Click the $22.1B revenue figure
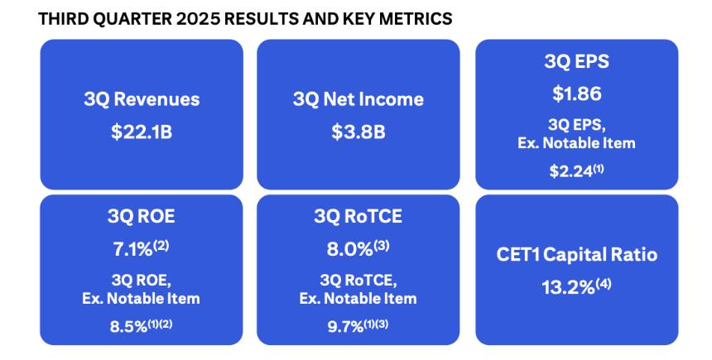[142, 132]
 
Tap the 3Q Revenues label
[142, 99]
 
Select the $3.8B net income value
[358, 132]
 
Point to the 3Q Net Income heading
[358, 99]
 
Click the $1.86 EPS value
[577, 94]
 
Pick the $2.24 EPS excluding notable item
[571, 171]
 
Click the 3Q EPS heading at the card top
[577, 61]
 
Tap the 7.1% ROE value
[132, 250]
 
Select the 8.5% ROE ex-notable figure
[128, 327]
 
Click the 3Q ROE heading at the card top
[142, 217]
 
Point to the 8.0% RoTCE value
[349, 250]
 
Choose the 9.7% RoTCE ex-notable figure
[345, 327]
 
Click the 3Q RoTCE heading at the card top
[358, 217]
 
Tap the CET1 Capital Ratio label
[577, 255]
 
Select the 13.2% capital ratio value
[568, 288]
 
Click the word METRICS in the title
[416, 18]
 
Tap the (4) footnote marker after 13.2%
[604, 285]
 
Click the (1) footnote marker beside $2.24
[599, 170]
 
